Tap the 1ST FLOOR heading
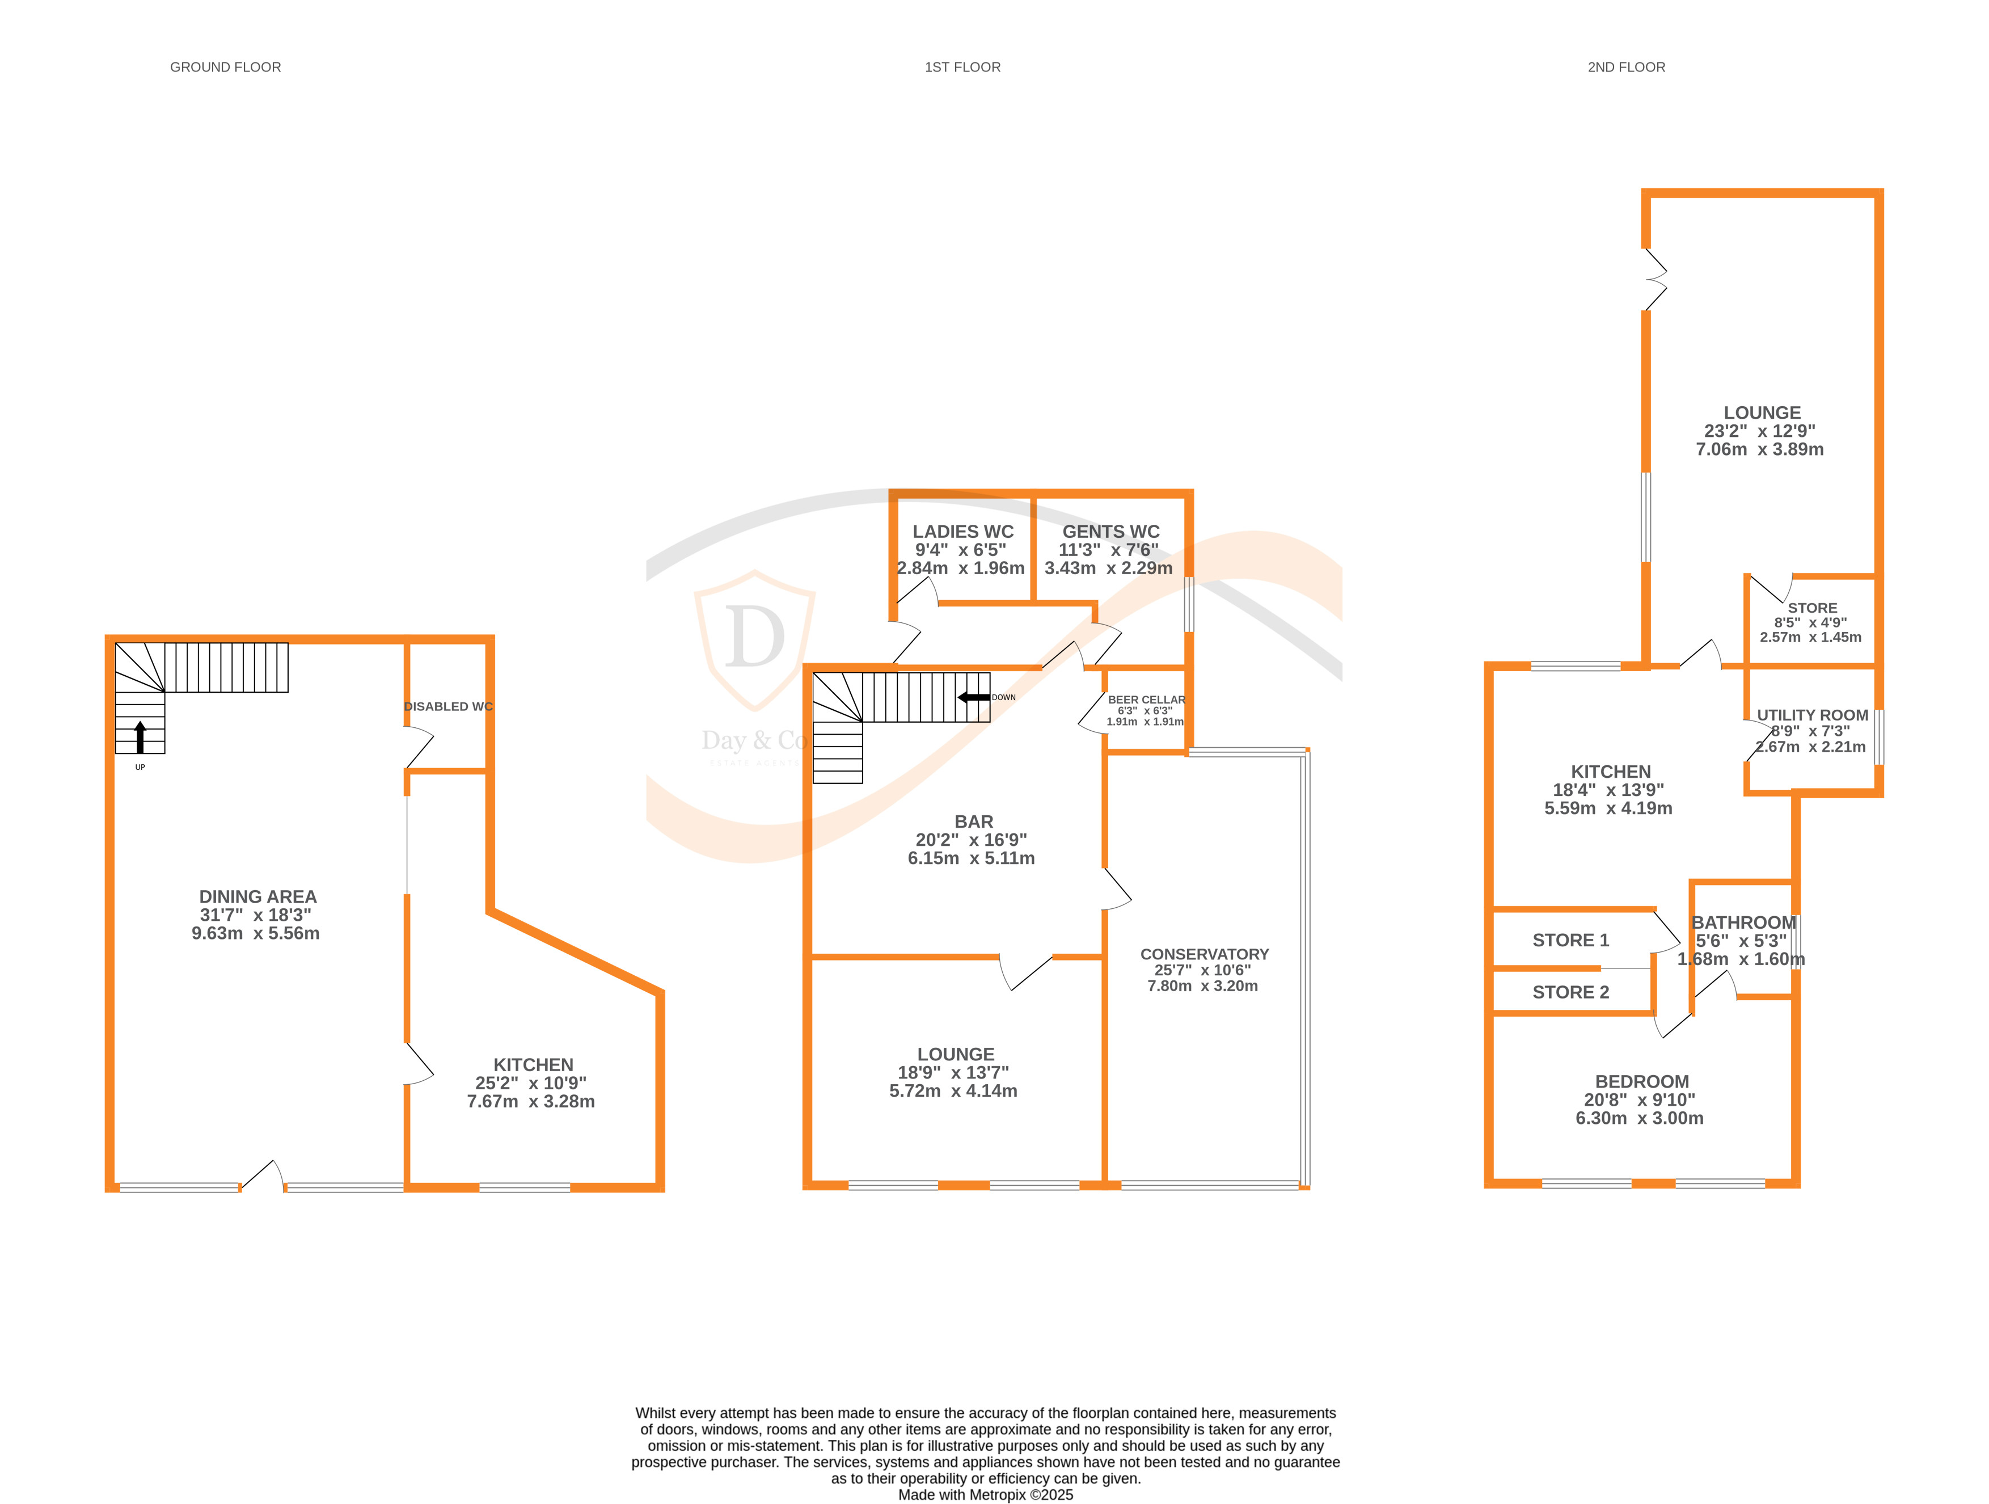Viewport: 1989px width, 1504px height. click(x=962, y=68)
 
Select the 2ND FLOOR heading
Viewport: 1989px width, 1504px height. click(x=1625, y=68)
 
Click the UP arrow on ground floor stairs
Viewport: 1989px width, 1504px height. click(x=140, y=737)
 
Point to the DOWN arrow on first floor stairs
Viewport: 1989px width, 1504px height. click(x=974, y=697)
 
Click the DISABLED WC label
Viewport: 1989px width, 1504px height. click(x=448, y=706)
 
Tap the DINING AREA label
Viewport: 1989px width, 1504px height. click(x=258, y=897)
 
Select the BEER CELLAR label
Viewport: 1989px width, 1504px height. click(x=1146, y=700)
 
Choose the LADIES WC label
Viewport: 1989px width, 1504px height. click(x=963, y=532)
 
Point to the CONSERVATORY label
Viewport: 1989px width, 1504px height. click(x=1204, y=954)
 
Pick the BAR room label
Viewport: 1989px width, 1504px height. click(x=974, y=821)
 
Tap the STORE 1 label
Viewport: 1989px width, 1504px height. click(x=1570, y=940)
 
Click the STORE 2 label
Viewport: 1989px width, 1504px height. click(x=1570, y=992)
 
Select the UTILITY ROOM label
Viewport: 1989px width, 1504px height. click(x=1812, y=715)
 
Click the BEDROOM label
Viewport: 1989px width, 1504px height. click(x=1641, y=1081)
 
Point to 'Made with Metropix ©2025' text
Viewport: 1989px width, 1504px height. click(x=986, y=1495)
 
